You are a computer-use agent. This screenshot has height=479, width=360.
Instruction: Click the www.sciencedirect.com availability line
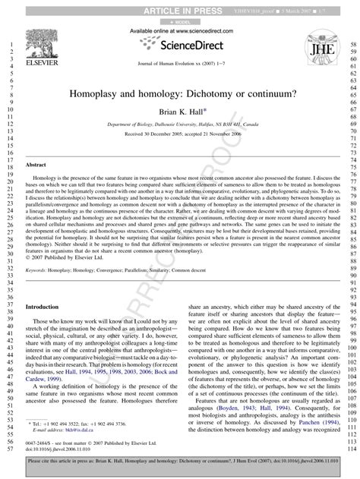[x=179, y=30]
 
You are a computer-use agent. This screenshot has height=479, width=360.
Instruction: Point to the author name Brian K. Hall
[x=180, y=110]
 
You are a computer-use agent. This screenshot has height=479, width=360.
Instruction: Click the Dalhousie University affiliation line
[x=180, y=123]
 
